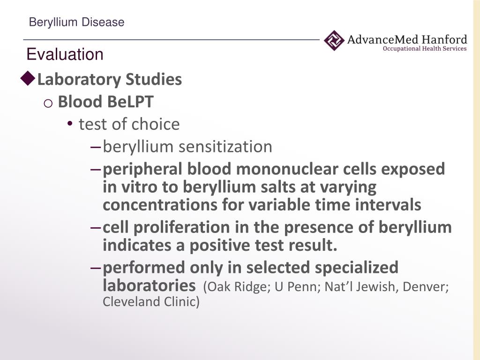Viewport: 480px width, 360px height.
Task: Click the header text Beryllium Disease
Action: coord(76,22)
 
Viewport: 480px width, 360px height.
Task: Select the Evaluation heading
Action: coord(65,54)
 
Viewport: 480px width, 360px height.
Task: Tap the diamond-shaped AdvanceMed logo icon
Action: coord(334,40)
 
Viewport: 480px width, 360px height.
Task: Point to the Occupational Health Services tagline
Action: coord(425,49)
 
